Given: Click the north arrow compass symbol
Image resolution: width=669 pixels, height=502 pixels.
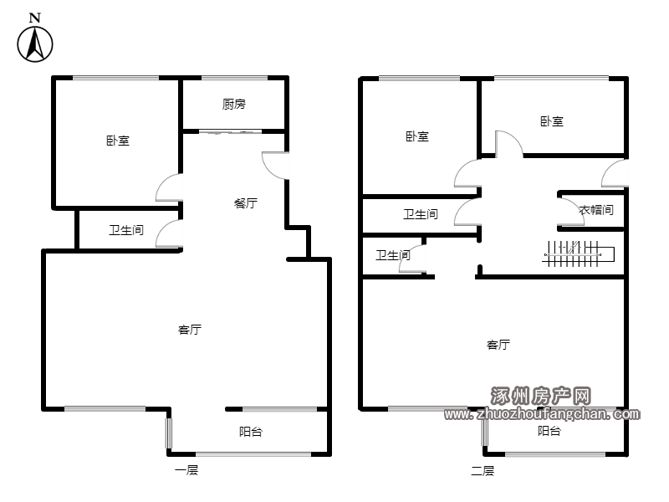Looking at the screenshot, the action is tap(35, 44).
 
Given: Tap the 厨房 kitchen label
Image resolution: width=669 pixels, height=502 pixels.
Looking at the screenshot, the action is tap(234, 104).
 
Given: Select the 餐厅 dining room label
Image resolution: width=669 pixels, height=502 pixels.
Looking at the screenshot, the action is tap(246, 203).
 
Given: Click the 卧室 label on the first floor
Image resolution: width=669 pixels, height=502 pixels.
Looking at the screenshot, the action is tap(118, 141).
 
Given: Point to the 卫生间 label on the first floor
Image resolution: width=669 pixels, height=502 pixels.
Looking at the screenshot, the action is tap(126, 231).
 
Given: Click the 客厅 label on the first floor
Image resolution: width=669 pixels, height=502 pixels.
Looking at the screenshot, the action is tap(190, 330).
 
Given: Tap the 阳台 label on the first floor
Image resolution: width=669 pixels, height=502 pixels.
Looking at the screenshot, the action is tap(250, 432).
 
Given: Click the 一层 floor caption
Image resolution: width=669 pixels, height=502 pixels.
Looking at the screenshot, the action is tap(186, 470).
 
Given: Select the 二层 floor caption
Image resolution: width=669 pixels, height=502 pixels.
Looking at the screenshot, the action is tap(483, 471).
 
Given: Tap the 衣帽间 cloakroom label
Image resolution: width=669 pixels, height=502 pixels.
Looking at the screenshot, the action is tap(596, 210).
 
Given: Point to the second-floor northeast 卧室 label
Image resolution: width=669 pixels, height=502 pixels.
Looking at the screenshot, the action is tap(552, 121).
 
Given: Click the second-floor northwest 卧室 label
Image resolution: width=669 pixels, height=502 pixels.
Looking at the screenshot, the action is tap(416, 136).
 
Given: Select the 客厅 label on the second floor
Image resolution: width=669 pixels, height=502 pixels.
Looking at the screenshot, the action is tap(498, 345).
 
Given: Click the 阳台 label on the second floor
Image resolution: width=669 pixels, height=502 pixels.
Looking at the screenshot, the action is tap(549, 431).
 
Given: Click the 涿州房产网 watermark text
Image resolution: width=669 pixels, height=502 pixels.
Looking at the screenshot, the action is tap(540, 396).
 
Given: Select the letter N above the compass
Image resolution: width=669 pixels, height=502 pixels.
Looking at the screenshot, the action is tap(34, 18).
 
